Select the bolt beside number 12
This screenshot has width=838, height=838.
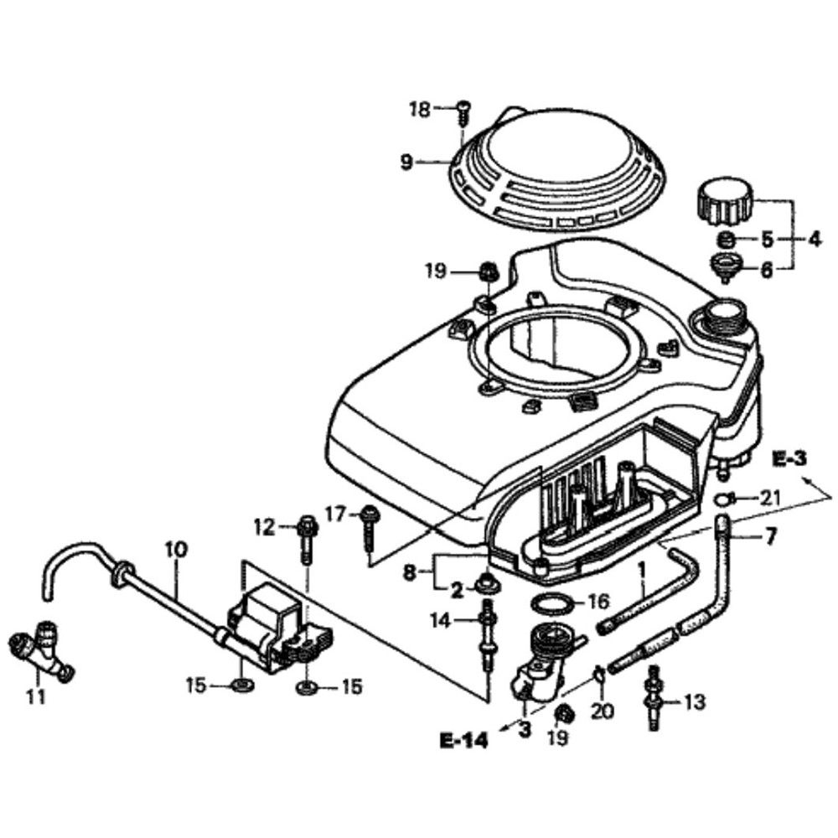pyautogui.click(x=306, y=535)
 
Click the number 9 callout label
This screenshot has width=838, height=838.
pyautogui.click(x=406, y=162)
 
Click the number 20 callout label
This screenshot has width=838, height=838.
pyautogui.click(x=603, y=712)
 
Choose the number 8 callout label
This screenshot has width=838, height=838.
pyautogui.click(x=409, y=572)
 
